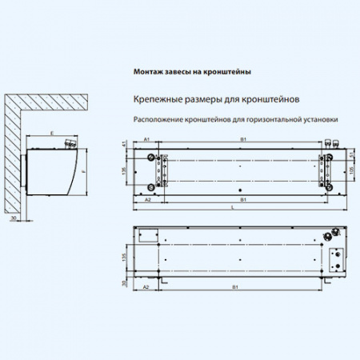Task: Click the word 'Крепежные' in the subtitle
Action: click(x=151, y=102)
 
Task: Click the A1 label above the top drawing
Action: click(x=147, y=140)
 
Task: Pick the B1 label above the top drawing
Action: click(x=243, y=140)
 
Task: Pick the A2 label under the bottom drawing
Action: click(x=146, y=286)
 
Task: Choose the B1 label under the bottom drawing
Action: click(x=234, y=286)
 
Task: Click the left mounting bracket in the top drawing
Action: click(x=166, y=170)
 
